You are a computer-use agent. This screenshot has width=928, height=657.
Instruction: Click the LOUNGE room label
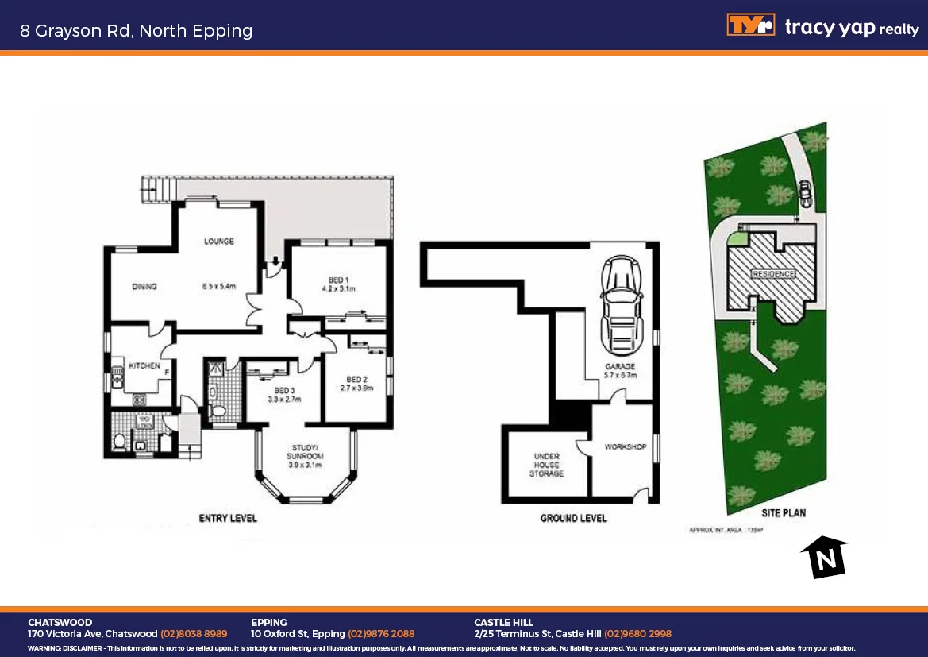(x=218, y=242)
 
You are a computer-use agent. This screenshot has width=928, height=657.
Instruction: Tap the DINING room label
(x=144, y=287)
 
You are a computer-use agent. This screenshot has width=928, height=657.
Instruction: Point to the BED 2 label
(x=356, y=379)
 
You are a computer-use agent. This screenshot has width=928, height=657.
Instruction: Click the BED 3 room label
(x=284, y=390)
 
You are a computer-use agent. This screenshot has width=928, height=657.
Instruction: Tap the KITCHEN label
(x=144, y=365)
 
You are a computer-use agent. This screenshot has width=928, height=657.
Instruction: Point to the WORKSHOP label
(x=625, y=447)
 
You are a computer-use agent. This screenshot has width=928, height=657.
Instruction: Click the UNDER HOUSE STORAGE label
(x=546, y=465)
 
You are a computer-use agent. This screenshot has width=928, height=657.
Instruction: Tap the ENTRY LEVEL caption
(x=227, y=518)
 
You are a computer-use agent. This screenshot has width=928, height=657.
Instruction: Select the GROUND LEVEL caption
(x=573, y=518)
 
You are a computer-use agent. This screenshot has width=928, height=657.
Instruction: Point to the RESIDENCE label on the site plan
(x=773, y=274)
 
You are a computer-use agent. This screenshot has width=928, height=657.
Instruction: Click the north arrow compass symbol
(x=824, y=557)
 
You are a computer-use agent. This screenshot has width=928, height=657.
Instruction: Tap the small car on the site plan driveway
(x=805, y=191)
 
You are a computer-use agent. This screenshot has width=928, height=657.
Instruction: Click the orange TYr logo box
(x=749, y=25)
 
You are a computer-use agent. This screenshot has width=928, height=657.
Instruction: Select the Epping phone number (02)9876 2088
(x=381, y=634)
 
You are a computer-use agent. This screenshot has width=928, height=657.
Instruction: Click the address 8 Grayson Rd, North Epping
(x=137, y=31)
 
